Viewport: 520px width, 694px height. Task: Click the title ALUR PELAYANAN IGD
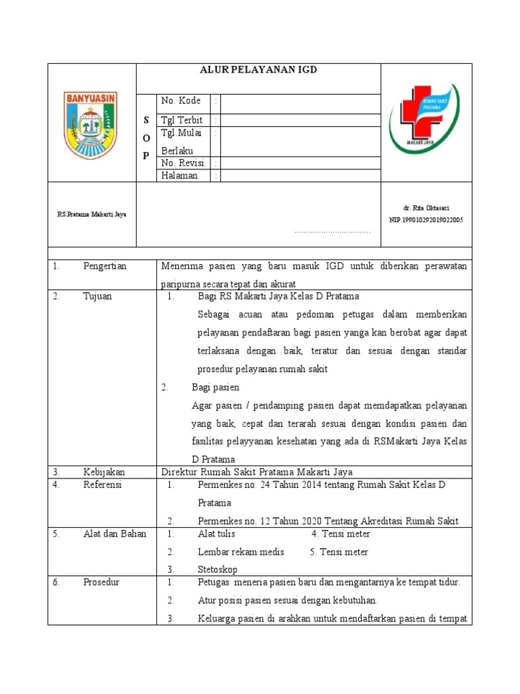(258, 70)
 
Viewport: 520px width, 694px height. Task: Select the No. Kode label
(181, 101)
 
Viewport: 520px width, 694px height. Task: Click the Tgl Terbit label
(181, 120)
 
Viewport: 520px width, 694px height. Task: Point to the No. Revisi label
(182, 163)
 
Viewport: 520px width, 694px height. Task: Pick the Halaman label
(179, 176)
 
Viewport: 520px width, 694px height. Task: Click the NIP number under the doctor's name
(426, 220)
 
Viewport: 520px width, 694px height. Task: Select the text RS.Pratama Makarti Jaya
(91, 214)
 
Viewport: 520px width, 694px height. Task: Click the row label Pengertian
(105, 266)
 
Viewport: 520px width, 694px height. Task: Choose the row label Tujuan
(98, 296)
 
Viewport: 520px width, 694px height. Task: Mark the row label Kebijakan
(104, 472)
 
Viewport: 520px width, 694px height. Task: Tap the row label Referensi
(104, 485)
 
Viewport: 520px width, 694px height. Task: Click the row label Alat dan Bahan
(114, 533)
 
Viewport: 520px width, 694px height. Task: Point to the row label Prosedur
(102, 582)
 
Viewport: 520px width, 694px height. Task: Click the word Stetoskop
(217, 569)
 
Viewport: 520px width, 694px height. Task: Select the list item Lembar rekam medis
(240, 552)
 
